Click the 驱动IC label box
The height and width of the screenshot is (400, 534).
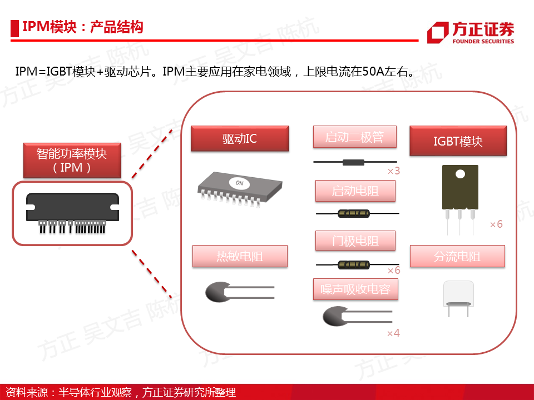(240, 138)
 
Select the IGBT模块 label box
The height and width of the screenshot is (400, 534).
(458, 141)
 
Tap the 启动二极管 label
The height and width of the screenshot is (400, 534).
(354, 137)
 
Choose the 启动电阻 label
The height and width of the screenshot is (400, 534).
(355, 191)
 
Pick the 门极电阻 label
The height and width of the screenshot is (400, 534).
(355, 241)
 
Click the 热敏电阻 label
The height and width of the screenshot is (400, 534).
(240, 256)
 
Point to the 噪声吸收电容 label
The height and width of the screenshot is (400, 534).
(355, 289)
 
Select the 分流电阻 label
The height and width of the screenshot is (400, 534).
(457, 256)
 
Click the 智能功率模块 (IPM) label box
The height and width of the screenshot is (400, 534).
(72, 161)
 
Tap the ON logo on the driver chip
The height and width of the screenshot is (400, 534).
(239, 183)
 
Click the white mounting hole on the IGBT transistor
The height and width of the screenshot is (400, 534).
(460, 174)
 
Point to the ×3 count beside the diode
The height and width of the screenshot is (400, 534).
(394, 171)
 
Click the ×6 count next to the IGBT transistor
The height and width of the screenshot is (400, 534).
(496, 224)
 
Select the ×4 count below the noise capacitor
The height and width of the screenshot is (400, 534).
(393, 333)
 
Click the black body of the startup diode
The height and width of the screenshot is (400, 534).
(353, 162)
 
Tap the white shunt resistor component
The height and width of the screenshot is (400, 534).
(458, 294)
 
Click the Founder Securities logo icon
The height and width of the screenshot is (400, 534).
(438, 33)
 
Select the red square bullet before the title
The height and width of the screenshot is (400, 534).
(14, 28)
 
